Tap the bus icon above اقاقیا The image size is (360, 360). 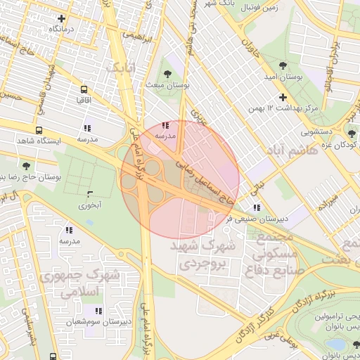pyautogui.click(x=84, y=90)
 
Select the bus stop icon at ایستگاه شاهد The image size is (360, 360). pyautogui.click(x=39, y=131)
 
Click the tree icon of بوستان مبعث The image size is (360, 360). pyautogui.click(x=167, y=74)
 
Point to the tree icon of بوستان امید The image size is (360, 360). pyautogui.click(x=283, y=65)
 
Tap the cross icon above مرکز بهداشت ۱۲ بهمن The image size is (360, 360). pyautogui.click(x=283, y=97)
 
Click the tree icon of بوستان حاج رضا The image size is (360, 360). pyautogui.click(x=26, y=166)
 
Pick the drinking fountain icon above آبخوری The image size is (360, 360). pyautogui.click(x=89, y=194)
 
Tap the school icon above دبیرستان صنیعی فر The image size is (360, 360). pyautogui.click(x=257, y=207)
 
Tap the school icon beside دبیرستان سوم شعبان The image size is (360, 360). pyautogui.click(x=99, y=310)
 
